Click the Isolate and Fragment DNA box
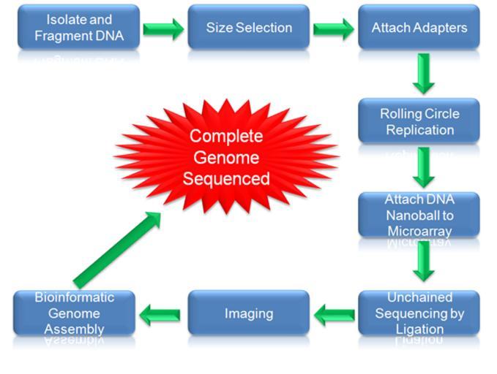click(x=78, y=27)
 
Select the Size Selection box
click(x=249, y=27)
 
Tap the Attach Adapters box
click(x=419, y=27)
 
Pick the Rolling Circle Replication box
click(x=419, y=121)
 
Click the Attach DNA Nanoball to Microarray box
click(x=419, y=215)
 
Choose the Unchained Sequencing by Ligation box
click(x=419, y=313)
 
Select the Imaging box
click(x=249, y=313)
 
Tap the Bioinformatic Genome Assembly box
click(x=74, y=313)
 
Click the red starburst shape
click(x=226, y=156)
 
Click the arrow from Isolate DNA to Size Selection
click(x=163, y=29)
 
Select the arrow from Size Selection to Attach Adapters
click(x=334, y=29)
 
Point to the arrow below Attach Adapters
click(x=424, y=74)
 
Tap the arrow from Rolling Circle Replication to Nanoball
click(x=424, y=168)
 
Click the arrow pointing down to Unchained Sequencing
click(x=424, y=262)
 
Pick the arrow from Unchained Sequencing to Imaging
click(x=335, y=315)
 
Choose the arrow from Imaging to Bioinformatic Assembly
click(x=160, y=315)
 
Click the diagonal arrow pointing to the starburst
click(x=117, y=250)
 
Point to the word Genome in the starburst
click(x=226, y=157)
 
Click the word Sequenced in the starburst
click(x=226, y=179)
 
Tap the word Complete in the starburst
click(x=226, y=137)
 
